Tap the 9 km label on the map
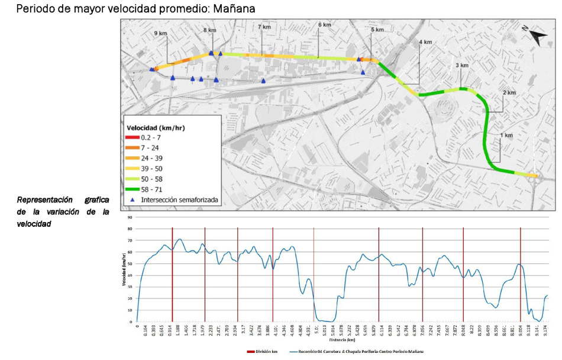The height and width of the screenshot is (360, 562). (160, 34)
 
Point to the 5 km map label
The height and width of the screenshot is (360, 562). (377, 30)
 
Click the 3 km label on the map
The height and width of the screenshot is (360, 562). (461, 66)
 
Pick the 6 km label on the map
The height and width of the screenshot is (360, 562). (324, 25)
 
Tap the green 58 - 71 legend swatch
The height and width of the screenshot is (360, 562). (134, 189)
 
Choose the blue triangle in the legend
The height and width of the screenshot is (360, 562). (133, 200)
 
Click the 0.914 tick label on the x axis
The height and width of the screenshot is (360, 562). (172, 330)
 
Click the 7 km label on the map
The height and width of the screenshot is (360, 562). (264, 27)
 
